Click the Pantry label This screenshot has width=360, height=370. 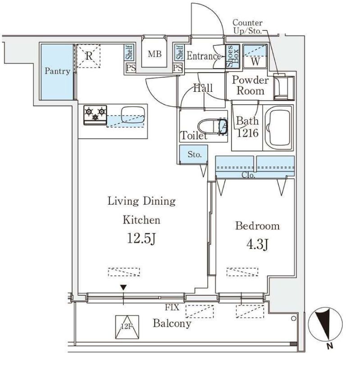[x=57, y=71]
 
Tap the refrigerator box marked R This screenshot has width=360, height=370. [x=89, y=56]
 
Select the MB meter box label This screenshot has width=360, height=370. [x=155, y=54]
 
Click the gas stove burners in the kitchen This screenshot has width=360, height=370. [x=95, y=115]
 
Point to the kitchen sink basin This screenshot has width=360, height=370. [x=133, y=115]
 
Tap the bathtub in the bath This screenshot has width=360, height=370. [x=278, y=127]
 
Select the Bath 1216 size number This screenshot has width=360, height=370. [x=247, y=133]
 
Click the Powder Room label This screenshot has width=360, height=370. [x=251, y=86]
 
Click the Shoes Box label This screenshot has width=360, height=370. [x=232, y=56]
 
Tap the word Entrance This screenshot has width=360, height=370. [x=204, y=56]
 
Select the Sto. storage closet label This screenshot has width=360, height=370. [x=195, y=154]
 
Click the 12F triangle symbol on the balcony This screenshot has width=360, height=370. [x=127, y=327]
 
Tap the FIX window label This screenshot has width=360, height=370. [x=172, y=307]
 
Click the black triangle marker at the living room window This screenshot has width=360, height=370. [x=123, y=288]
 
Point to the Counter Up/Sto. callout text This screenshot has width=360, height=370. [x=247, y=27]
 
